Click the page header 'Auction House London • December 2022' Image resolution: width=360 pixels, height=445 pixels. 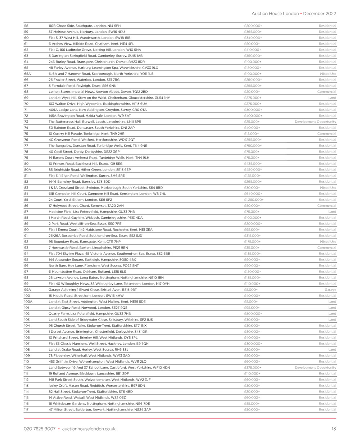(x=294, y=14)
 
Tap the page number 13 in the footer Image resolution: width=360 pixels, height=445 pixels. (x=334, y=429)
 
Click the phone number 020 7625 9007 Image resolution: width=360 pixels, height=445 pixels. (x=40, y=429)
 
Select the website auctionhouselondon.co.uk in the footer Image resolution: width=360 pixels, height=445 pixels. (x=89, y=429)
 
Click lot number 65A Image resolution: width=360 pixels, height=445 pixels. (x=27, y=74)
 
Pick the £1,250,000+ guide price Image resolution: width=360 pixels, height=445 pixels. (x=254, y=200)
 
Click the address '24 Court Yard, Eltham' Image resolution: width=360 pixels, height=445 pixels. (x=80, y=200)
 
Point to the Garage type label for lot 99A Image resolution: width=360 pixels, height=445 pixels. (x=330, y=290)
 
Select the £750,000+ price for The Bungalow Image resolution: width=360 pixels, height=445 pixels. (x=253, y=146)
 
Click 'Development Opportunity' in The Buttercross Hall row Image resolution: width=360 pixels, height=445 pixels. (x=315, y=122)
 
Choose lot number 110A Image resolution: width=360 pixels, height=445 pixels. (x=28, y=368)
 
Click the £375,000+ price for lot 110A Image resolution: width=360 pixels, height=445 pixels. (x=253, y=368)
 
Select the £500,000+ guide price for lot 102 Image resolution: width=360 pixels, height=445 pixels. (x=253, y=314)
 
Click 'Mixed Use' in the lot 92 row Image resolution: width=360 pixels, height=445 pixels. (x=328, y=242)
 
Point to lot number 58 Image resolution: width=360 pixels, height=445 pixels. (x=26, y=26)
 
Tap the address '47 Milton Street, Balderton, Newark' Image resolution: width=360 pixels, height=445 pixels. (x=100, y=409)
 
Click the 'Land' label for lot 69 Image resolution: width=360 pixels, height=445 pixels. (x=332, y=98)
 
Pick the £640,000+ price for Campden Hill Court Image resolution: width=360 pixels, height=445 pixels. (x=253, y=194)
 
